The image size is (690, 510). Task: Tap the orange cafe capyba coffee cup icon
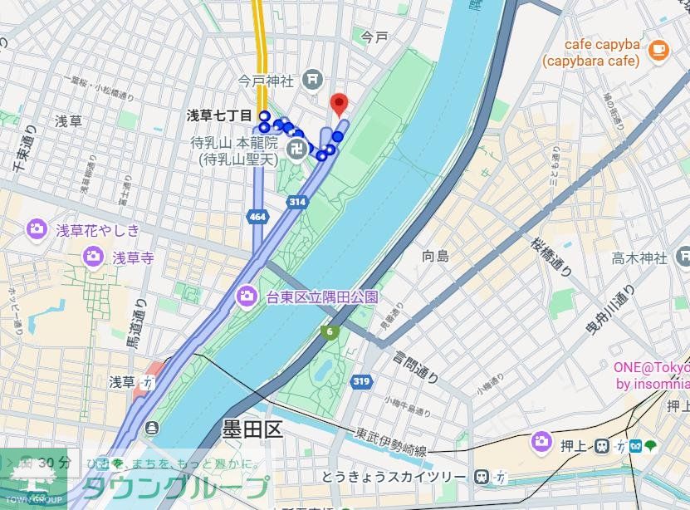click(658, 49)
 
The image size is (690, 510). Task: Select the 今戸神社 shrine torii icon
click(312, 81)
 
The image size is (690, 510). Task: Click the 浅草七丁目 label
click(219, 115)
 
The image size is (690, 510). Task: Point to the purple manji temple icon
click(295, 149)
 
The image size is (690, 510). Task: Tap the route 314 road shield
click(297, 202)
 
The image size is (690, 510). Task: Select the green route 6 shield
click(330, 332)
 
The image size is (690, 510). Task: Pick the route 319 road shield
click(360, 381)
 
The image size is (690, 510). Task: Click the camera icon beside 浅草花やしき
click(37, 229)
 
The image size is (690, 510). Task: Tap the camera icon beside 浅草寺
click(93, 257)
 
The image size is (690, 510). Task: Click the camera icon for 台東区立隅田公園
click(247, 296)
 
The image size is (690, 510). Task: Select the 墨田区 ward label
click(252, 429)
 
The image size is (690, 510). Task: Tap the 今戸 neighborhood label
click(374, 37)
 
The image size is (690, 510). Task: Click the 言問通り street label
click(415, 365)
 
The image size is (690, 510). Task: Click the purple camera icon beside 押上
click(542, 441)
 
